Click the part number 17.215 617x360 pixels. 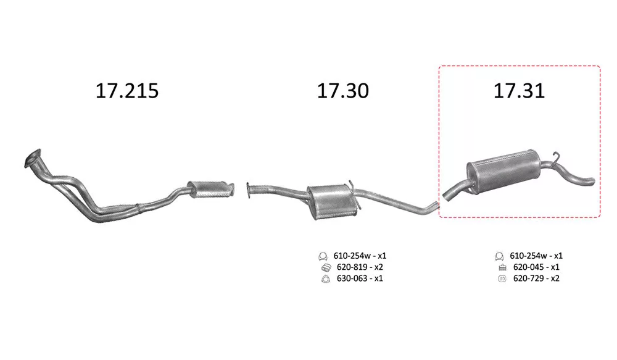[127, 91]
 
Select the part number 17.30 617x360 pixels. [342, 91]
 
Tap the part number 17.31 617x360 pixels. [519, 91]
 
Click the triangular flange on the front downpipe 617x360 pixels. [32, 158]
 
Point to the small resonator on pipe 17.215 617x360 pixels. [210, 189]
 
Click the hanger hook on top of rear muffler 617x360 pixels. [556, 158]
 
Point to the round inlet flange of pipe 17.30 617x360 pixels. [249, 190]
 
